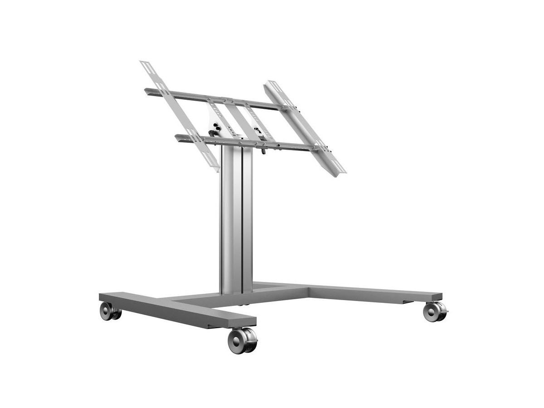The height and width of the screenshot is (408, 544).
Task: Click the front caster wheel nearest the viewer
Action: (x=242, y=341)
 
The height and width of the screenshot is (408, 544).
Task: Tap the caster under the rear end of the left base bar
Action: (x=109, y=311)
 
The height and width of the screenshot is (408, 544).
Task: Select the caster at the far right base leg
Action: (x=435, y=312)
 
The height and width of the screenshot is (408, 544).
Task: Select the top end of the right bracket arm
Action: (x=272, y=84)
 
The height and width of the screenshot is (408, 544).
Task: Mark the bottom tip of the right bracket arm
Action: (x=339, y=173)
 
